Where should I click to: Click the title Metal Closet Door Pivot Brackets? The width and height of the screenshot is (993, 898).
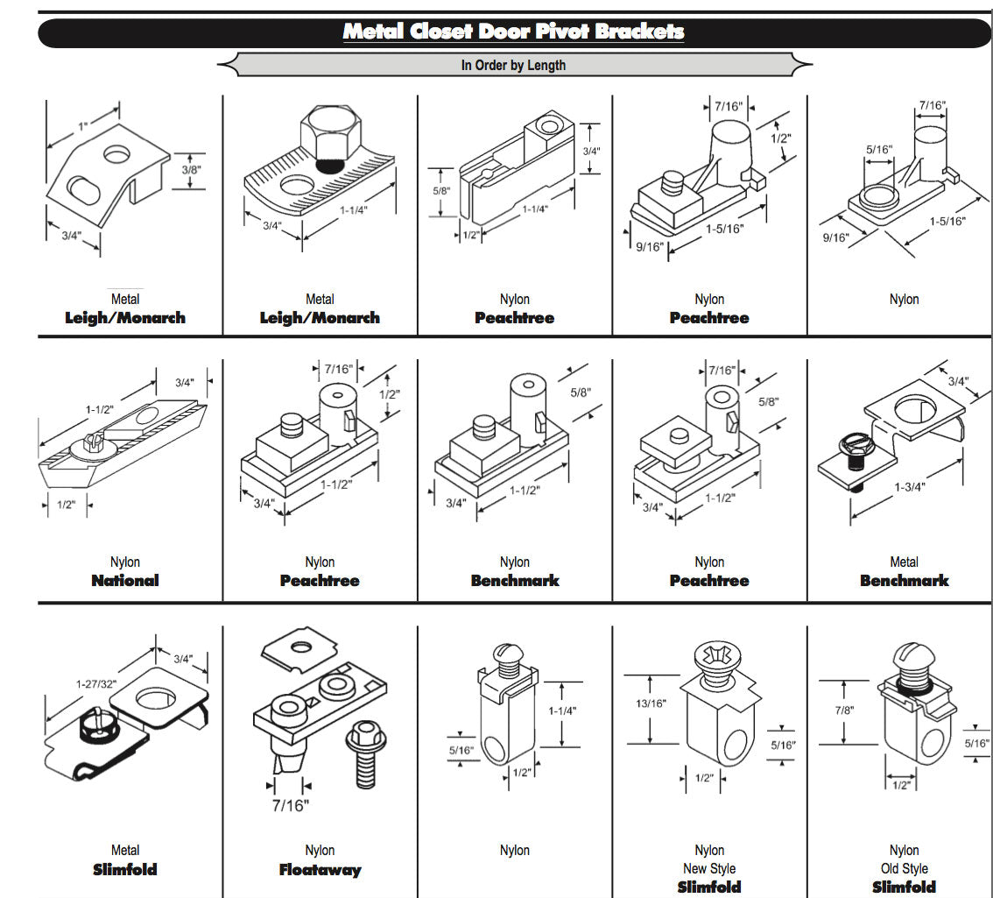coord(513,32)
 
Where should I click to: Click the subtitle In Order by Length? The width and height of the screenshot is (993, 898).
coord(513,65)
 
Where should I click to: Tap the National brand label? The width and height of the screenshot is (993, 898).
coord(125,581)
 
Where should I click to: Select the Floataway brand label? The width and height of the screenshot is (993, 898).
coord(320,870)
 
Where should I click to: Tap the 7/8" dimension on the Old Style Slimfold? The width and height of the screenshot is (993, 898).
coord(842,711)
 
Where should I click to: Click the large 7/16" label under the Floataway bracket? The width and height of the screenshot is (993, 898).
coord(290,805)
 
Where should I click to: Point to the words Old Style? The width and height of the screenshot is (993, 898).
coord(904,869)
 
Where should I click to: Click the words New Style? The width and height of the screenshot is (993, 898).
coord(709,869)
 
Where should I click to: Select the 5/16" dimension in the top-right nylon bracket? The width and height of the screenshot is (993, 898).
coord(880,150)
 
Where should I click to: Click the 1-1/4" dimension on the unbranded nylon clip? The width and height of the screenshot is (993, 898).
coord(561,711)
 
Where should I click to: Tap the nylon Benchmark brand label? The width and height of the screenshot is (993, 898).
coord(515,581)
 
